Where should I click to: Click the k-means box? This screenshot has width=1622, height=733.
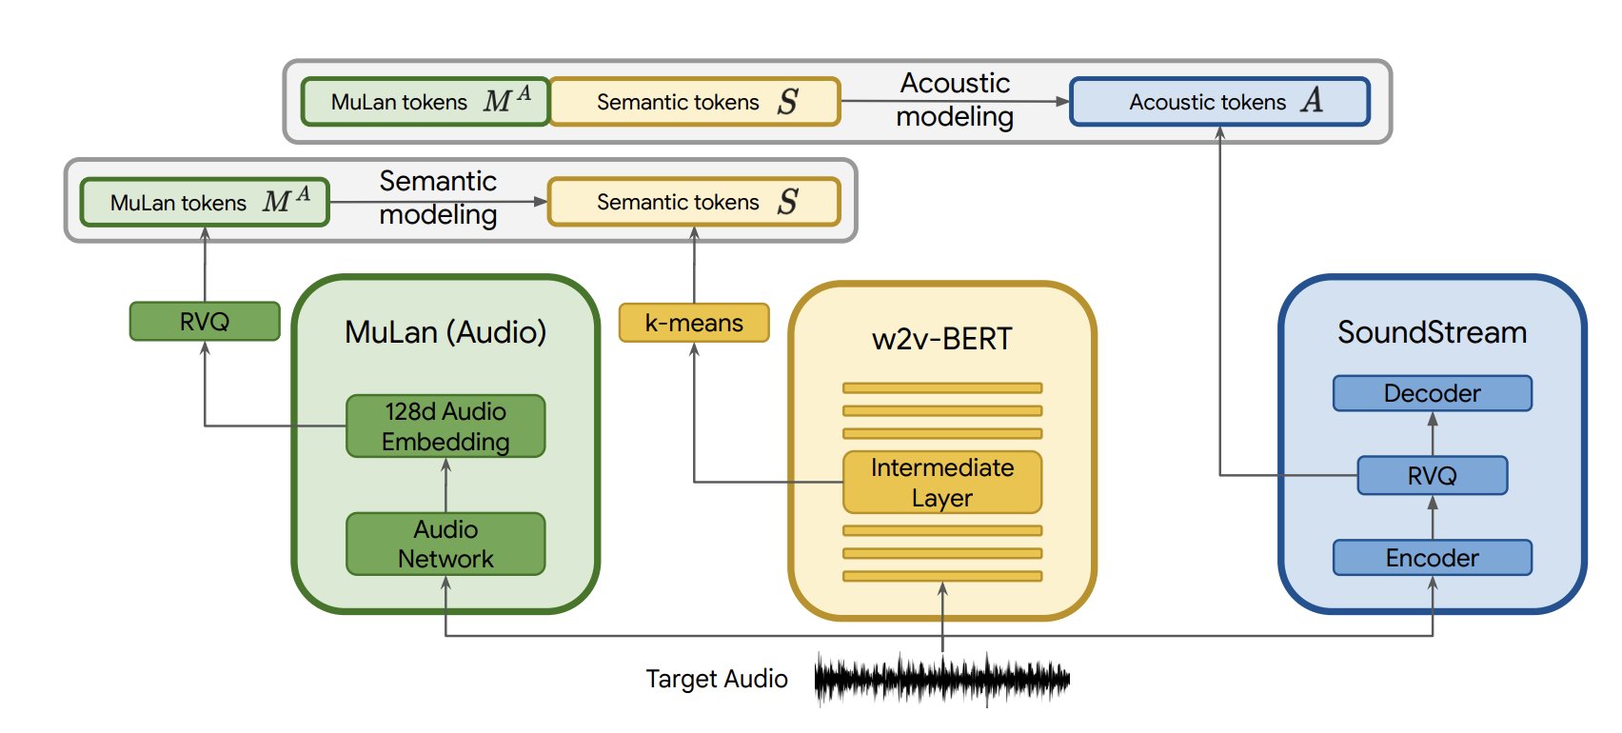[694, 323]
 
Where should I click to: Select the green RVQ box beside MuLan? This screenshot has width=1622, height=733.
[205, 321]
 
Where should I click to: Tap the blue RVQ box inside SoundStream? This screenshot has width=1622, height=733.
[1433, 475]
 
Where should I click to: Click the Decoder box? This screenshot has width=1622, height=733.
[1433, 393]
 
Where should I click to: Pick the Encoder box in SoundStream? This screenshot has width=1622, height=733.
[1433, 558]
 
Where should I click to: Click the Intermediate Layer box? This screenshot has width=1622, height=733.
[942, 483]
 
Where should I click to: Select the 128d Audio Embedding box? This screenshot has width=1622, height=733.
[445, 426]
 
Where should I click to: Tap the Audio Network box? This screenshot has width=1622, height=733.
[445, 544]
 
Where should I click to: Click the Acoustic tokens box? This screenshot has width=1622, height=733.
[1220, 102]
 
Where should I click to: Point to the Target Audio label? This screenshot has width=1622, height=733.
[717, 679]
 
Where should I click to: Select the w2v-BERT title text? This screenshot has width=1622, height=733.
[942, 339]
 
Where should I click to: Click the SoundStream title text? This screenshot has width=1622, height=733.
[1433, 332]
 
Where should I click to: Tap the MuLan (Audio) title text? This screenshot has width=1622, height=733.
[445, 332]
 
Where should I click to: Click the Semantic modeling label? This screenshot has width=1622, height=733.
[438, 198]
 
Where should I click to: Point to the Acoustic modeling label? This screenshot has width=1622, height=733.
[955, 100]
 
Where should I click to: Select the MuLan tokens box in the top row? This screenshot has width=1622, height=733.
[425, 102]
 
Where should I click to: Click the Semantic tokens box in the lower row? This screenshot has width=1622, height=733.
[694, 202]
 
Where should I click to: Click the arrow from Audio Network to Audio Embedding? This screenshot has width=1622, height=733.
[445, 485]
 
